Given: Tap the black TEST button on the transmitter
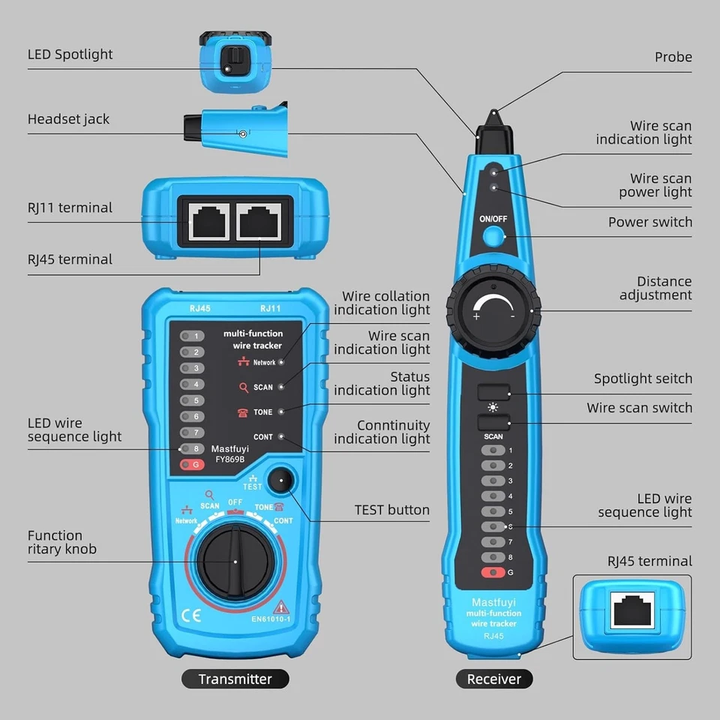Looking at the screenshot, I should coord(281,479).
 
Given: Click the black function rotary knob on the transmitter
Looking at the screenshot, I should coord(235,559).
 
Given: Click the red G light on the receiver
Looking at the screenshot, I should coord(493,573).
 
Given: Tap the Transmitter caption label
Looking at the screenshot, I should coord(235,679).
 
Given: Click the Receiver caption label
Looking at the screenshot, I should coord(493,679).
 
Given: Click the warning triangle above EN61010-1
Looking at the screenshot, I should coord(282,607).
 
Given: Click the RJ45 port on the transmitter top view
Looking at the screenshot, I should coord(260,222).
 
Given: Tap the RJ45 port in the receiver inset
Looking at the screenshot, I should coord(631,610).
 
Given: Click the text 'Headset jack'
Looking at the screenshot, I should coord(68,119).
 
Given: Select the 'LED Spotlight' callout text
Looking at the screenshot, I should coord(70,55).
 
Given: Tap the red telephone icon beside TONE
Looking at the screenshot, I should coord(243,412).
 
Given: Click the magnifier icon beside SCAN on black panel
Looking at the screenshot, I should coord(243,388).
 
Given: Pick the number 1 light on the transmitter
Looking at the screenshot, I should coord(193,336).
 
